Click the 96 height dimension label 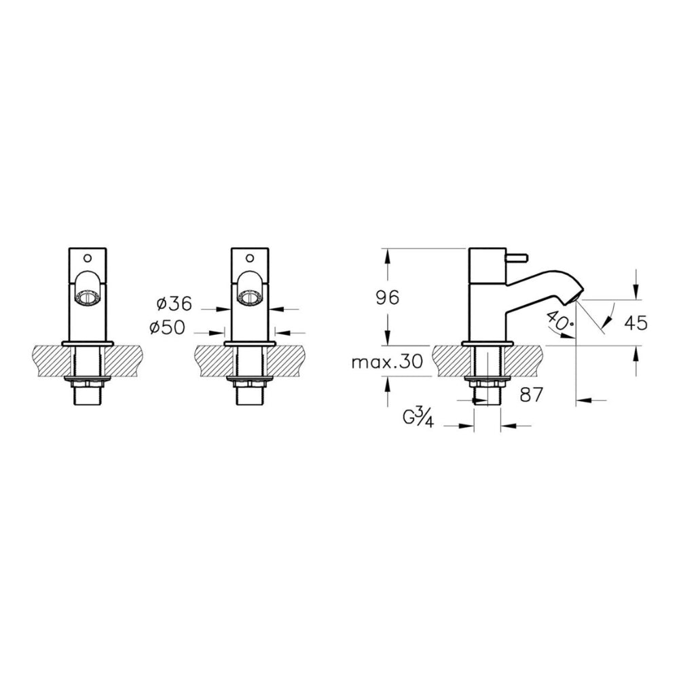pyautogui.click(x=388, y=297)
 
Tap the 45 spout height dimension pyautogui.click(x=636, y=323)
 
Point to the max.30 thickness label pyautogui.click(x=387, y=362)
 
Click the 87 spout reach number pyautogui.click(x=532, y=394)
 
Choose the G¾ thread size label pyautogui.click(x=418, y=418)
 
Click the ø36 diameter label pyautogui.click(x=174, y=304)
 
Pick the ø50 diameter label pyautogui.click(x=167, y=328)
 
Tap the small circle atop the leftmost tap pyautogui.click(x=88, y=259)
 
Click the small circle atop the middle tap pyautogui.click(x=250, y=259)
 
